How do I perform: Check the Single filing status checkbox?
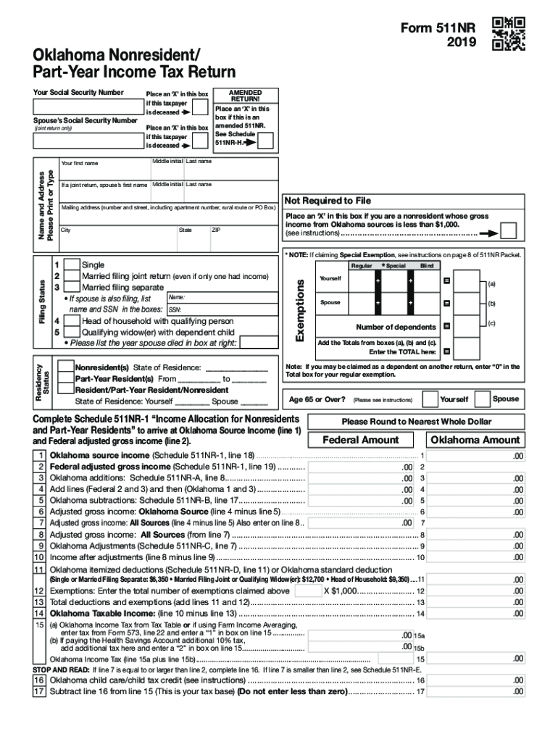[72, 266]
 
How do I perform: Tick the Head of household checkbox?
[72, 321]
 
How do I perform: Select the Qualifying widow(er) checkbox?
[72, 332]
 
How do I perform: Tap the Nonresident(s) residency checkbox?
[65, 367]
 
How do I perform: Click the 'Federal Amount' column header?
[360, 440]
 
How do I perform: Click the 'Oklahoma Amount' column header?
[475, 440]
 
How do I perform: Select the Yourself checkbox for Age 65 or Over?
[429, 399]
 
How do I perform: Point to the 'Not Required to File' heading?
[328, 201]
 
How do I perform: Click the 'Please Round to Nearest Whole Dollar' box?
[416, 421]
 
